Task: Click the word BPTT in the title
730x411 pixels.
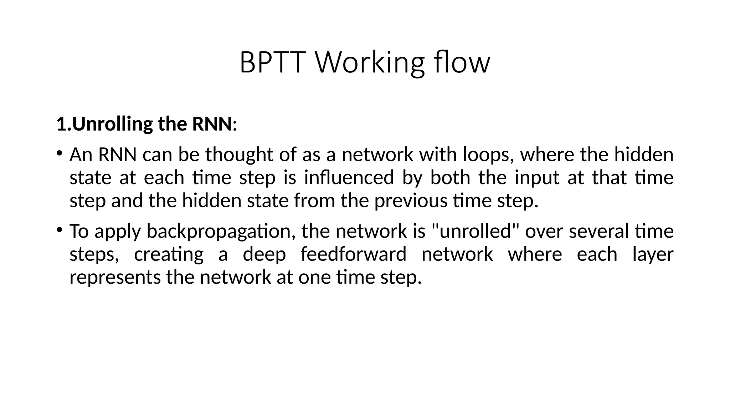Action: pyautogui.click(x=272, y=63)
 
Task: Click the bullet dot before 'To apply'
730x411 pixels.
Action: pyautogui.click(x=59, y=229)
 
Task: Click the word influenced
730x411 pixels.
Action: pyautogui.click(x=349, y=178)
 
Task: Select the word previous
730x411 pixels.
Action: pyautogui.click(x=410, y=201)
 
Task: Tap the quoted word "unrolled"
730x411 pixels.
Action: pyautogui.click(x=474, y=231)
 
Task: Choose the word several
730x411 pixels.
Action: pyautogui.click(x=599, y=231)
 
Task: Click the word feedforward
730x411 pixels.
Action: pyautogui.click(x=353, y=254)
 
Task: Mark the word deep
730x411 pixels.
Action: pyautogui.click(x=264, y=254)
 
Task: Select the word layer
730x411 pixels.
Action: pyautogui.click(x=653, y=254)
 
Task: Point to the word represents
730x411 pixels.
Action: pyautogui.click(x=115, y=278)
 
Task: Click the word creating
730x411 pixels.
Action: pyautogui.click(x=169, y=254)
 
